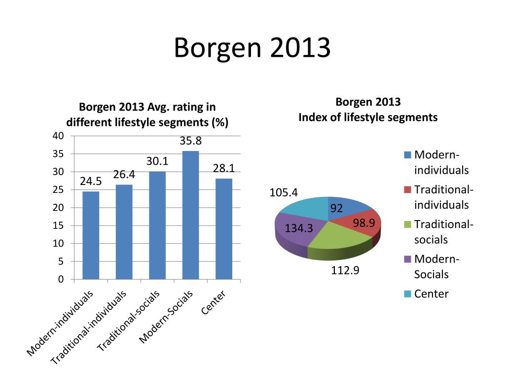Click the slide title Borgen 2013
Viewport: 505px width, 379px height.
pos(252,49)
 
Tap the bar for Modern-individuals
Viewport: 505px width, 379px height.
pos(91,235)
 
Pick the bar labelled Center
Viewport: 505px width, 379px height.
pos(224,229)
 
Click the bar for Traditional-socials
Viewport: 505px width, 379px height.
pos(157,226)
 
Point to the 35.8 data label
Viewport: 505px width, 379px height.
pos(190,141)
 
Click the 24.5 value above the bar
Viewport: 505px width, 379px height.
pos(91,182)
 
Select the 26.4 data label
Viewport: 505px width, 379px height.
pos(124,175)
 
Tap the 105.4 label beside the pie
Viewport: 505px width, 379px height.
pos(284,192)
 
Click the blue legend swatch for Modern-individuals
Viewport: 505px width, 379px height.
pos(407,155)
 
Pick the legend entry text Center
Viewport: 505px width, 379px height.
pos(432,294)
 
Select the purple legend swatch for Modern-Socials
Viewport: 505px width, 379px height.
pos(407,259)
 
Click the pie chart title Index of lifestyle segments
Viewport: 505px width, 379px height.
pos(368,117)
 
